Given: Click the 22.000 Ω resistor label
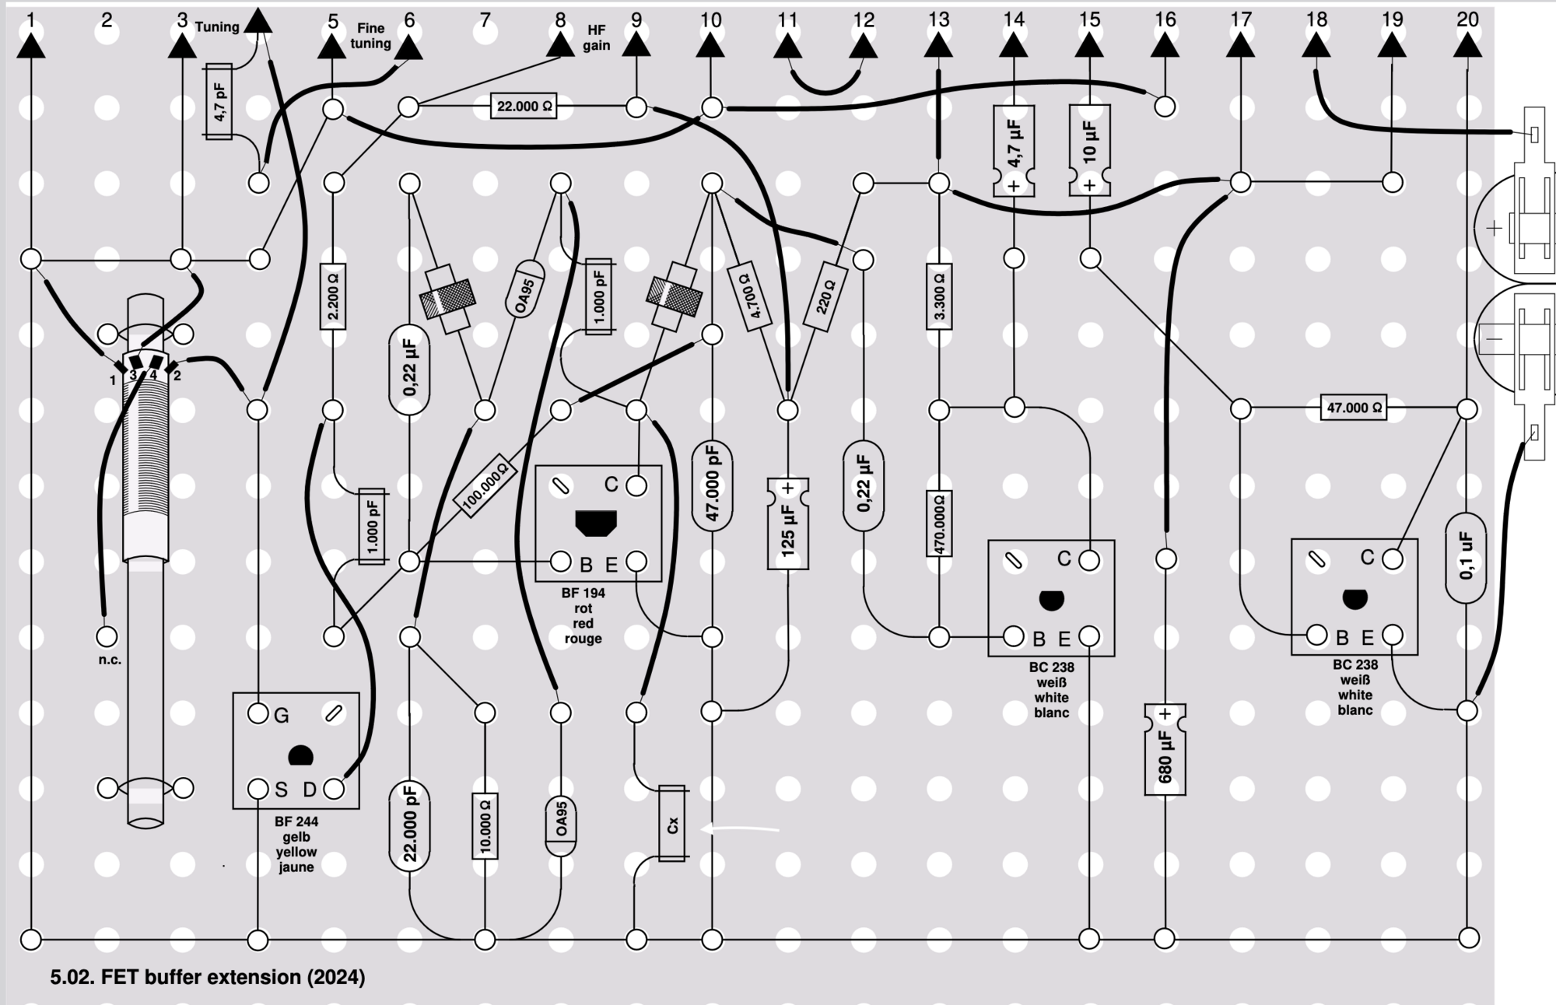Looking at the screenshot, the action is (x=525, y=106).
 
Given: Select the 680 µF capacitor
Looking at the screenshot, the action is (x=1165, y=749).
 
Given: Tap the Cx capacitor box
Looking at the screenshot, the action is (x=672, y=824).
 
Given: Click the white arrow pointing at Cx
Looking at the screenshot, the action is (x=740, y=829).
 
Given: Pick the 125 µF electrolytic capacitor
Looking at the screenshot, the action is (x=787, y=524).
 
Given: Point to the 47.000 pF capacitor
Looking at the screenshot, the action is (x=712, y=486).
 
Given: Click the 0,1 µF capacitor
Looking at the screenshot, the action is (x=1466, y=557).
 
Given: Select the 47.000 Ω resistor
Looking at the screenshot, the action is (x=1354, y=408).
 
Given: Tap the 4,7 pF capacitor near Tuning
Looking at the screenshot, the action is (x=219, y=102).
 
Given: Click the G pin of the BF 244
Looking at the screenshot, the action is (x=258, y=713).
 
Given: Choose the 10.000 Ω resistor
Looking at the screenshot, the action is (x=485, y=825).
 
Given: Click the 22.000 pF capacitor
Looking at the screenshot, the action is (x=409, y=825).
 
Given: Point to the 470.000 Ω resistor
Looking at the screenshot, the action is (x=939, y=524).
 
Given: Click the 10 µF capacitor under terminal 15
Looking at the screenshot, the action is (x=1089, y=150).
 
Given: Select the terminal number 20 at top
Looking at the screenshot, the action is (x=1467, y=19).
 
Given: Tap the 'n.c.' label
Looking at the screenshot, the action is (x=110, y=660).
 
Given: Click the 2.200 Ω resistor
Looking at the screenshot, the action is (x=333, y=296).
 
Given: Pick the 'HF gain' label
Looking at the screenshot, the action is (x=597, y=37).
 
